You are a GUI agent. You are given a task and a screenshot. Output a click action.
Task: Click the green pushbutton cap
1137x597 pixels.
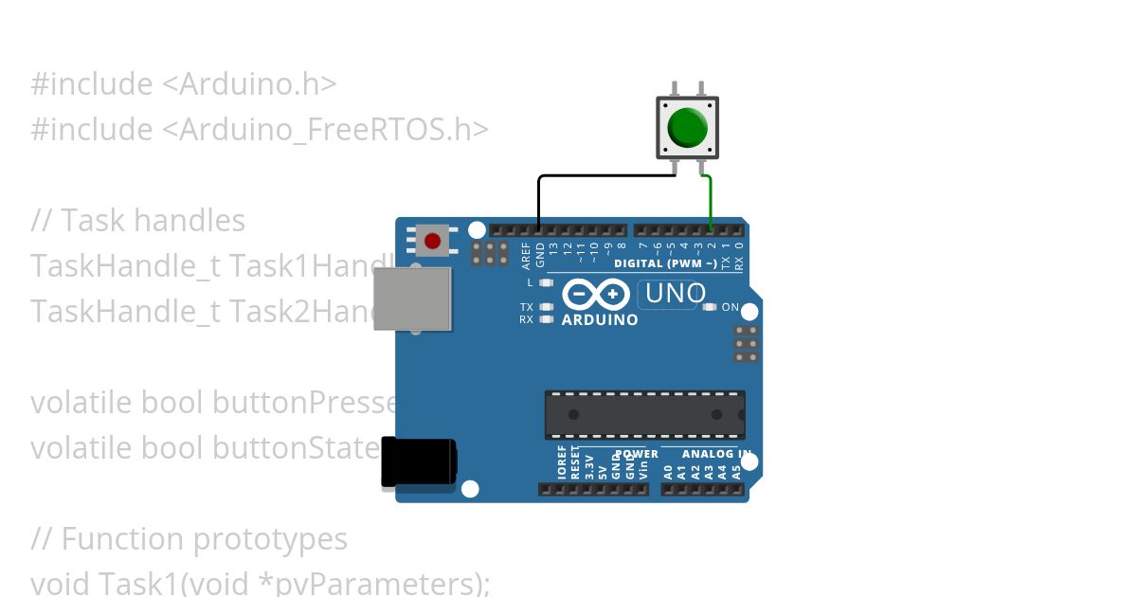click(687, 127)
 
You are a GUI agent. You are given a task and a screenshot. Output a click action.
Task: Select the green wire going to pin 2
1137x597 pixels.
click(711, 201)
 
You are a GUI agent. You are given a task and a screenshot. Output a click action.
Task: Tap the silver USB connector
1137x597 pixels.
click(411, 298)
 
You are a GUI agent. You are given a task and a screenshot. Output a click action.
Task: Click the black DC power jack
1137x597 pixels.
click(418, 462)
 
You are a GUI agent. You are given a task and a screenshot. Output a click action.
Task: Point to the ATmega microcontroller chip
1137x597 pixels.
click(644, 415)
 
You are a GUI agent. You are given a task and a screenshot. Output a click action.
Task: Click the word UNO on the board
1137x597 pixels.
click(675, 294)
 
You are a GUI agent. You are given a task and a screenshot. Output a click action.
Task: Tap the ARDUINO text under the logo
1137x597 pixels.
click(600, 320)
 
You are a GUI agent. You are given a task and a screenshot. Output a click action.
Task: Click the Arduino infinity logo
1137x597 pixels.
click(595, 295)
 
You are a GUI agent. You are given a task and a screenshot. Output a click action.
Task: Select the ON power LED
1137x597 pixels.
click(710, 307)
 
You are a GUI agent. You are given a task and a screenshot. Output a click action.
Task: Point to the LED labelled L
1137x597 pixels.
click(545, 282)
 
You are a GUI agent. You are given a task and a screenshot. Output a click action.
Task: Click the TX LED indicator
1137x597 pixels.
click(545, 307)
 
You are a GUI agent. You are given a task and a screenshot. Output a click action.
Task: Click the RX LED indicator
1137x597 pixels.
click(545, 319)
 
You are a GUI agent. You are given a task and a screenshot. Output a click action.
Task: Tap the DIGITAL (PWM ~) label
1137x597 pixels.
click(665, 263)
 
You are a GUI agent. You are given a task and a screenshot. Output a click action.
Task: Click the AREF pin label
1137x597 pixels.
click(527, 255)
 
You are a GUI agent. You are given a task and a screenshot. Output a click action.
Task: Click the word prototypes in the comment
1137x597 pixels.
click(270, 539)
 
